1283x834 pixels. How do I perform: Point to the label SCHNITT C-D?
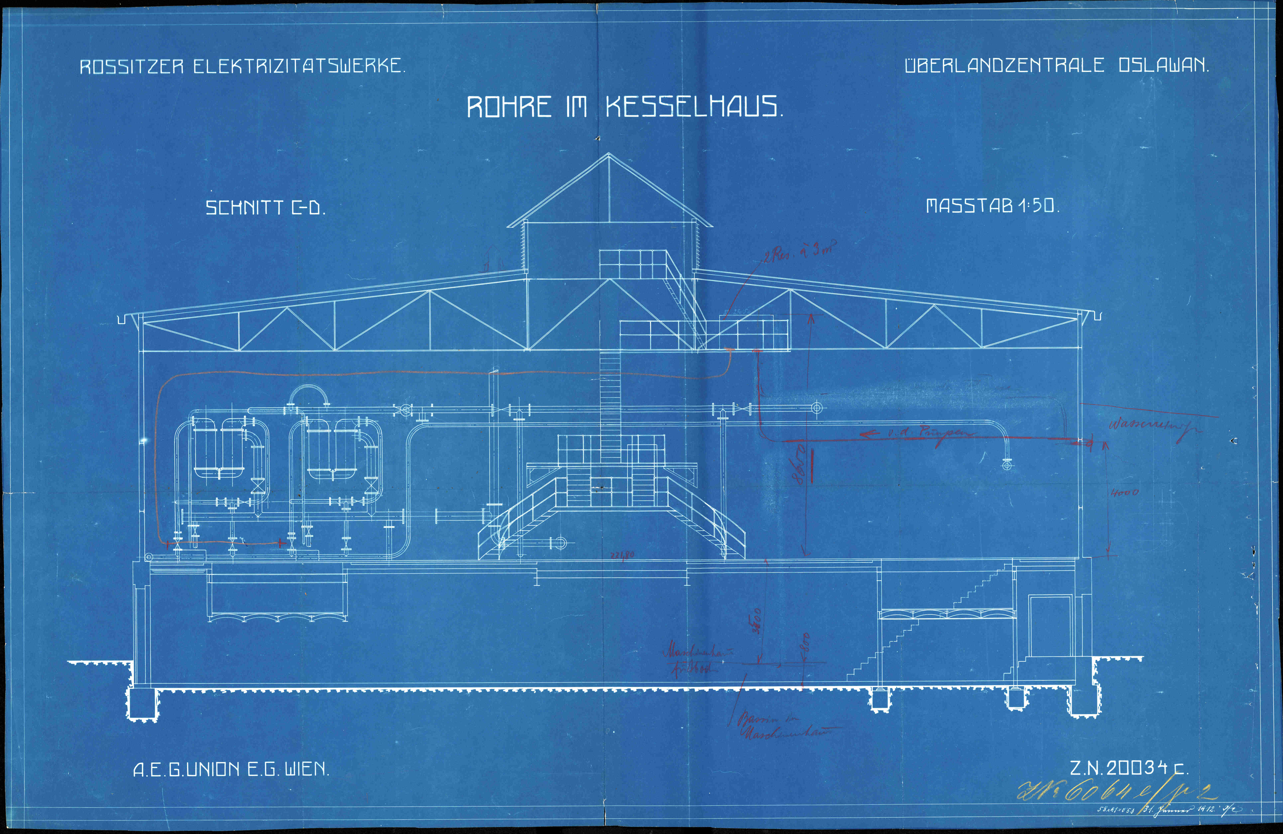point(265,208)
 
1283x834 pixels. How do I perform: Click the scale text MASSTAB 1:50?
point(992,205)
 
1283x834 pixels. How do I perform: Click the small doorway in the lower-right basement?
point(1050,626)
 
